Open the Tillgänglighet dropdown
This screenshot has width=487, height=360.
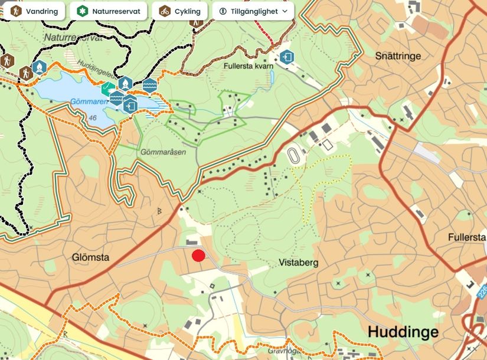[x=253, y=11]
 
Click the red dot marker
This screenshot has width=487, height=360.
[x=199, y=256]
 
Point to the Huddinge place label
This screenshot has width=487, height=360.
[x=403, y=332]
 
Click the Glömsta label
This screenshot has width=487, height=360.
[x=91, y=257]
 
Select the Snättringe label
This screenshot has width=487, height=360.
[x=398, y=56]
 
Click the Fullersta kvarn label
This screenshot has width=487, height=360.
[x=249, y=66]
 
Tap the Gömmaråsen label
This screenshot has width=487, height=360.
[x=164, y=152]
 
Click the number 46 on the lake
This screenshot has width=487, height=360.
[x=93, y=118]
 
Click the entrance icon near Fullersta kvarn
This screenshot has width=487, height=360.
[x=287, y=57]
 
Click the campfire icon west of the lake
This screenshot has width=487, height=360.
[x=39, y=68]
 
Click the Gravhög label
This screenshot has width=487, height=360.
[x=280, y=350]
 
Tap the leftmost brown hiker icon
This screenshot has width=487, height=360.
[x=6, y=60]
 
